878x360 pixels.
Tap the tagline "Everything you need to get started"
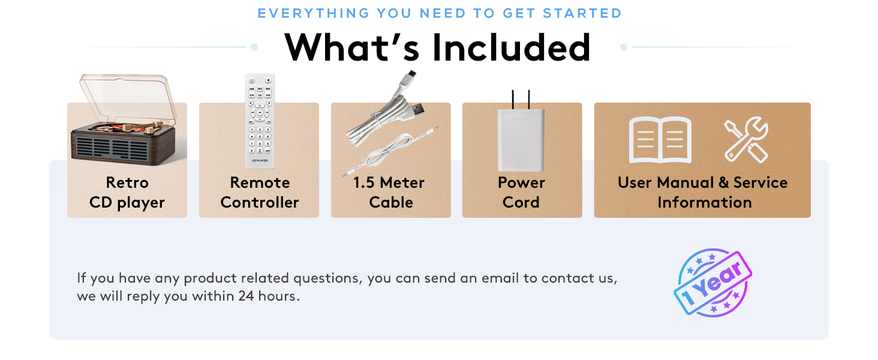pos(440,13)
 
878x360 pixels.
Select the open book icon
pos(660,140)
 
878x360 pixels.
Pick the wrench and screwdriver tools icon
pos(745,140)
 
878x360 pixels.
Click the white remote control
pos(260,120)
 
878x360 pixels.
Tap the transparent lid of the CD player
pos(128,96)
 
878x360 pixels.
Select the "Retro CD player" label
pos(127,193)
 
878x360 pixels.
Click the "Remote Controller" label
pos(259,193)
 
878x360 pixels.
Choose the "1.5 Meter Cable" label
pos(390,193)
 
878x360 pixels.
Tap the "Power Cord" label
pos(521,193)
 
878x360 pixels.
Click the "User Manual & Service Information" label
pos(703,193)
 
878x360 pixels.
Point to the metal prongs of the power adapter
pos(520,100)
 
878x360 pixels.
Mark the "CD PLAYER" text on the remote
pos(260,161)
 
